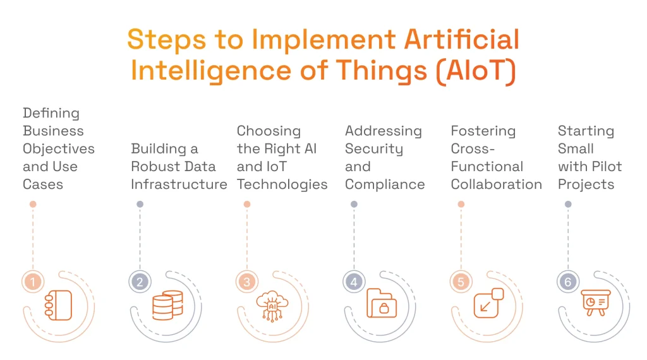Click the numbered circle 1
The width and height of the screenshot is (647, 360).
point(32,282)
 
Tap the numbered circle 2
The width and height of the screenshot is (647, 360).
point(140,282)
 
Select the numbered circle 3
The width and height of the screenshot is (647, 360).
point(247,282)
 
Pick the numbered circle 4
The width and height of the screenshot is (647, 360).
point(354,282)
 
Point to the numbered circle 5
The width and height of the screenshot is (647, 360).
point(461,282)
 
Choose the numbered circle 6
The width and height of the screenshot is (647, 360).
point(568,282)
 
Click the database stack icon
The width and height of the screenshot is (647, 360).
point(167,305)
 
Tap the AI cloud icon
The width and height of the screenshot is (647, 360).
point(272,306)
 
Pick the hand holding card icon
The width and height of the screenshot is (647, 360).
point(58,306)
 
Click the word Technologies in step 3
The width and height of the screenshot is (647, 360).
point(282,184)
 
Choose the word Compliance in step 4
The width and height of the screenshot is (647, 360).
point(385,184)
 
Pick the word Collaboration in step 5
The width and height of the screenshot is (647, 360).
point(497,184)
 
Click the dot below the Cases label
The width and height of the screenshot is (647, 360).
point(33,204)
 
